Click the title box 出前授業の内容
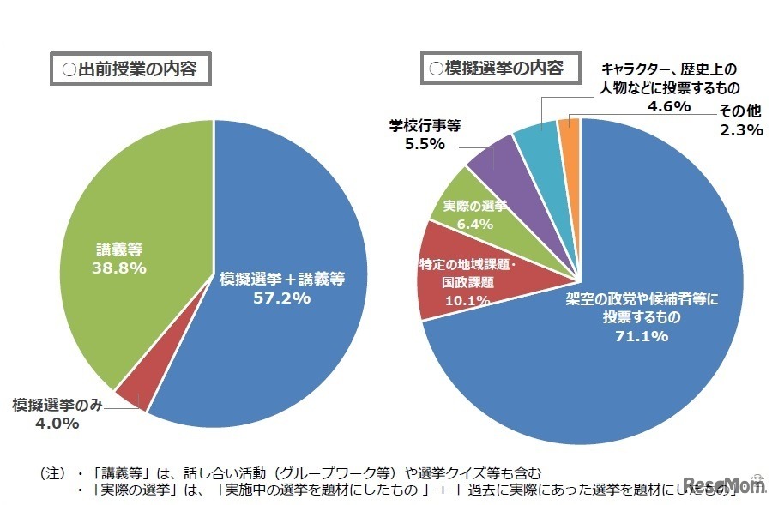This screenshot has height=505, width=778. (130, 70)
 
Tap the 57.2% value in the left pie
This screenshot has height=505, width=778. (281, 298)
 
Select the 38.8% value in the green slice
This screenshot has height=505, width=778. (118, 268)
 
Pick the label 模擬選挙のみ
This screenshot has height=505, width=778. (57, 403)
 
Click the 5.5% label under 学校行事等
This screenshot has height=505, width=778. (425, 144)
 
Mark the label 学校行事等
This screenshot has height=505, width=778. (425, 125)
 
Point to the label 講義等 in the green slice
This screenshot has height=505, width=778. (118, 249)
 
